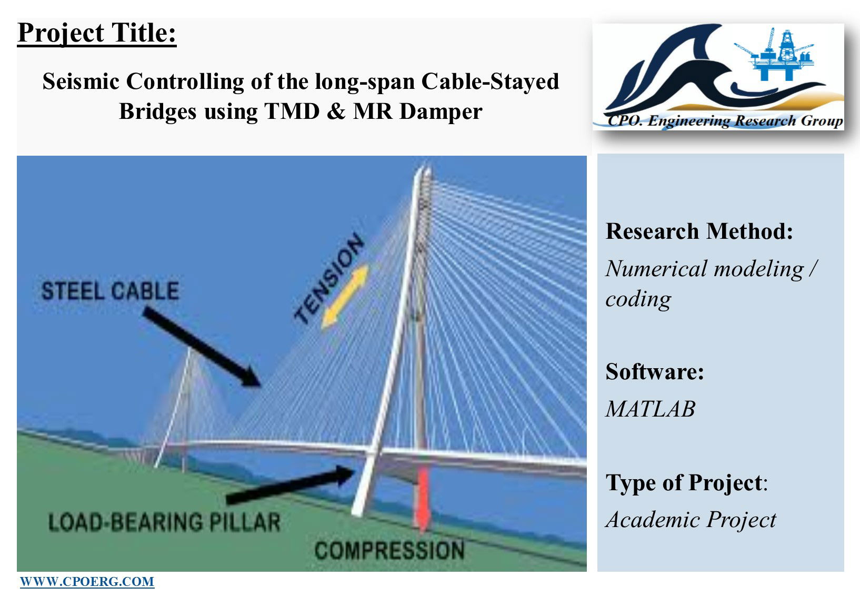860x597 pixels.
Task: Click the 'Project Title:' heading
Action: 97,34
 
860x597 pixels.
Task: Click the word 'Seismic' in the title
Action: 81,82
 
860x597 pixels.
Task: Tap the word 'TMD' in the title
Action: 292,112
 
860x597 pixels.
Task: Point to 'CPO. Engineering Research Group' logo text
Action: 725,121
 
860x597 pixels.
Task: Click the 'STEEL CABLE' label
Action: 110,290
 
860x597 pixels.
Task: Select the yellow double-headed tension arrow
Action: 345,296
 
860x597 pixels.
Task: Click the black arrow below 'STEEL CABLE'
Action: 202,347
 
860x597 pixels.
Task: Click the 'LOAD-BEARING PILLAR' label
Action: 164,522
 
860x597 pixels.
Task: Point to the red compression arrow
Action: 423,499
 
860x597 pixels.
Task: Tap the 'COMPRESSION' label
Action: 389,550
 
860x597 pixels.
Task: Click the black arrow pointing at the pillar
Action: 290,484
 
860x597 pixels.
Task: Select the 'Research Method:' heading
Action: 699,231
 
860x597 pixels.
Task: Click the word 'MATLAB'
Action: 651,409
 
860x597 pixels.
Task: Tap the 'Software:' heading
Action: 655,371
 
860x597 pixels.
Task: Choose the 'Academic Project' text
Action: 691,520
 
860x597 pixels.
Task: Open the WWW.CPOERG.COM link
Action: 87,582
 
